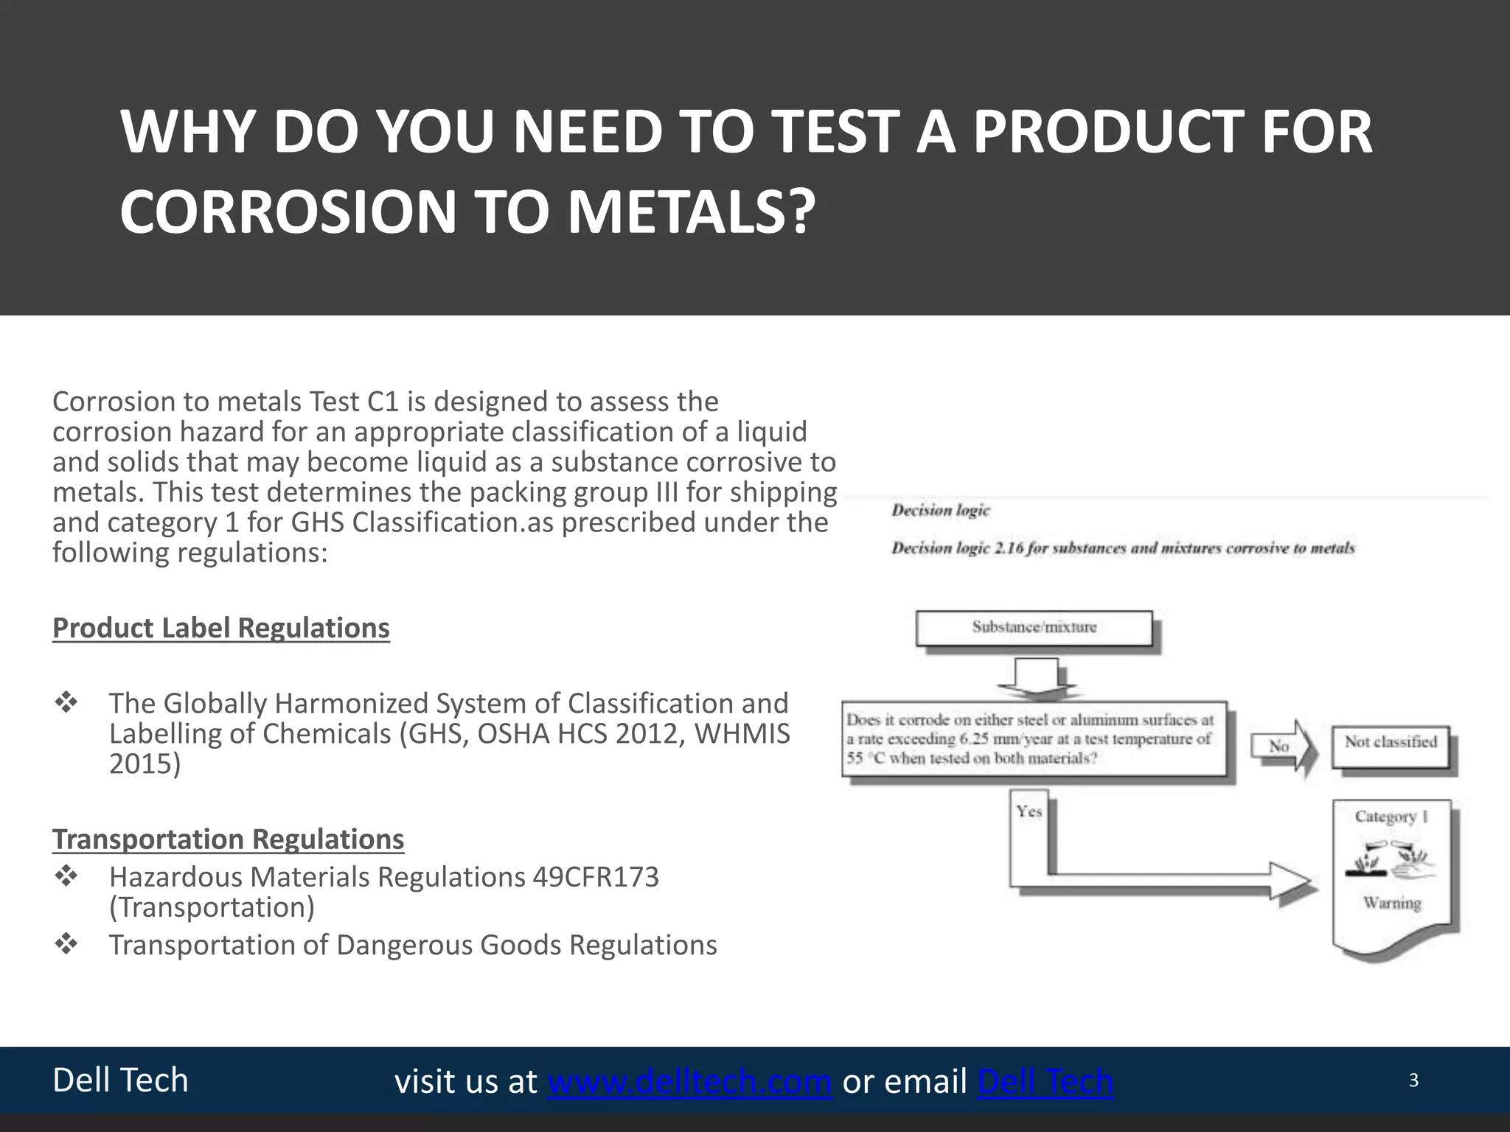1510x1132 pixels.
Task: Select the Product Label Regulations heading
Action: point(220,628)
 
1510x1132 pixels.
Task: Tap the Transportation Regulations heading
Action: point(228,839)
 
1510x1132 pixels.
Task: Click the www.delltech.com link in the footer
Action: point(689,1081)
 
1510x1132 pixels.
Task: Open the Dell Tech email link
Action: point(1045,1081)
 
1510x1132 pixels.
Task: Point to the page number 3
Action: point(1413,1080)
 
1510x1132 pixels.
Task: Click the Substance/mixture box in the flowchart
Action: point(1034,628)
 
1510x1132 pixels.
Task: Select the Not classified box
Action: point(1391,743)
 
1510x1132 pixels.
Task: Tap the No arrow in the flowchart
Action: point(1283,747)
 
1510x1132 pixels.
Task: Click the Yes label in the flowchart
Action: point(1029,811)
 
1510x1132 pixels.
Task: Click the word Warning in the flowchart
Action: point(1391,903)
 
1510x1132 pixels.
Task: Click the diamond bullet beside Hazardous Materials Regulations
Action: point(66,877)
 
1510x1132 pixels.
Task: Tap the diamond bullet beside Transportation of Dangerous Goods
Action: point(66,944)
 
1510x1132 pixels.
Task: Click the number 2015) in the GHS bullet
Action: point(145,764)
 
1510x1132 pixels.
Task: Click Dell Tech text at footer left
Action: point(120,1080)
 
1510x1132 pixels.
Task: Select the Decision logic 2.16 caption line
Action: point(1122,548)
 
